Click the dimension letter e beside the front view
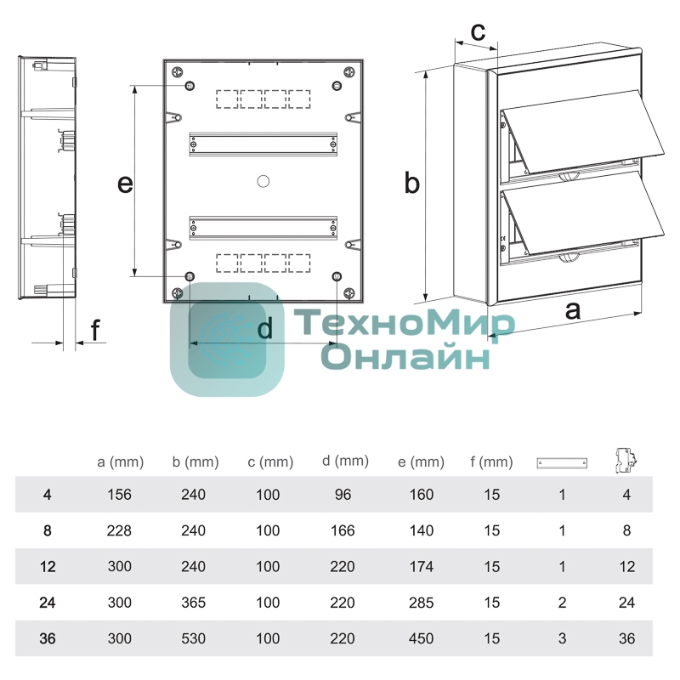125,184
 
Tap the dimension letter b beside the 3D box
411,182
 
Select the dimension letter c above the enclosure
478,32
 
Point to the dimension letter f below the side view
95,330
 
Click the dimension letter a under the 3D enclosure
572,310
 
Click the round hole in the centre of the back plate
263,181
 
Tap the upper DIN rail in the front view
263,144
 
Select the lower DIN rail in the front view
263,227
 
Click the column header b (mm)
195,462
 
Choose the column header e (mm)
421,462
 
